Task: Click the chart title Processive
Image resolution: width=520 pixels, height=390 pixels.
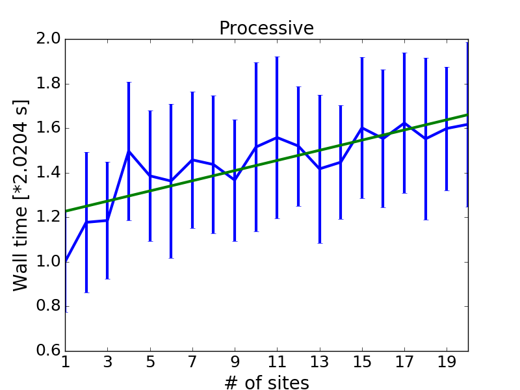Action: pos(266,28)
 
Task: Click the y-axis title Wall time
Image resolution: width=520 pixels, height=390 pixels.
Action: pos(20,249)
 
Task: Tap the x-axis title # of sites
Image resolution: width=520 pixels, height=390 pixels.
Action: pos(266,382)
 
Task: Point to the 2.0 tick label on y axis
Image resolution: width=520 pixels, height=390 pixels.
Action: pos(48,39)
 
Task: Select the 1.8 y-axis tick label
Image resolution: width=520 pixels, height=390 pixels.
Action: pos(48,84)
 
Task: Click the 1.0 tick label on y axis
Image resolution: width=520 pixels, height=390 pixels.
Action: pos(48,262)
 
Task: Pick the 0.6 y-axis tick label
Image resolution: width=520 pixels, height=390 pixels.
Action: pos(48,350)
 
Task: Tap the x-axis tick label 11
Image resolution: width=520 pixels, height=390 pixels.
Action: pos(277,362)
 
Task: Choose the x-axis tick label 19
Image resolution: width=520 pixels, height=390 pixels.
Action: pos(447,362)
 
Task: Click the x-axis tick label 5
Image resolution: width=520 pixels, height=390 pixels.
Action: pos(150,362)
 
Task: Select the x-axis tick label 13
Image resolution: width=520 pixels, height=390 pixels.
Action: pos(320,362)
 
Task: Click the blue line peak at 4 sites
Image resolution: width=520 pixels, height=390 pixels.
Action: pos(129,151)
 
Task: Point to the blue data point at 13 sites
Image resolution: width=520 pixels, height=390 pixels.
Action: pos(320,169)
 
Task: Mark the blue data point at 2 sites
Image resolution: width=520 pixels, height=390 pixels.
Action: pos(86,222)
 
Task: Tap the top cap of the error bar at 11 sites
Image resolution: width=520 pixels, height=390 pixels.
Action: pos(278,57)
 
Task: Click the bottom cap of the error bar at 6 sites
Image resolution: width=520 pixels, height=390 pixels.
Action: pos(171,258)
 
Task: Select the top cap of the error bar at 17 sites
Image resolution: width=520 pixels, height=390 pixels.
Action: pos(404,53)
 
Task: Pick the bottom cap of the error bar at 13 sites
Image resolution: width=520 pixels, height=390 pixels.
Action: pos(320,243)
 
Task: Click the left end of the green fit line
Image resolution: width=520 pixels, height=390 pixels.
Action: pos(66,211)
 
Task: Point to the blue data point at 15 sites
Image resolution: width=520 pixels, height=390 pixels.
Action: pos(362,127)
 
